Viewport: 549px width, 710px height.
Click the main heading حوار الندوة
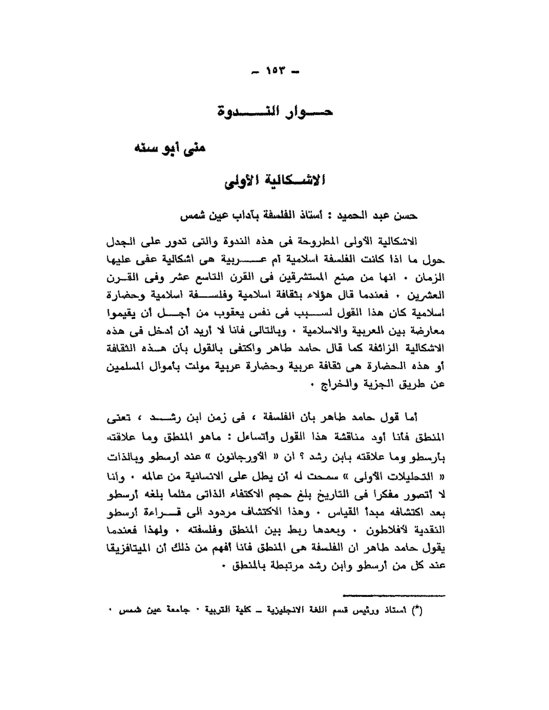pyautogui.click(x=275, y=113)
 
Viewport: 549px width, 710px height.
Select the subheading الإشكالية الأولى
pyautogui.click(x=275, y=181)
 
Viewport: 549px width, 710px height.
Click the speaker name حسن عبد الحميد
pyautogui.click(x=374, y=215)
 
